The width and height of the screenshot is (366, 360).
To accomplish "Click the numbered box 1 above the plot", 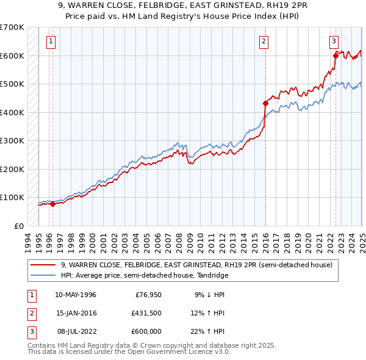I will tap(51, 41).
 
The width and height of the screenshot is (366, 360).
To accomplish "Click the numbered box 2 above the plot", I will tap(264, 41).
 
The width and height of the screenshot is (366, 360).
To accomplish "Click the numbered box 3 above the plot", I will tap(334, 41).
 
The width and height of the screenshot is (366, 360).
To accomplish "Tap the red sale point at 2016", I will tap(266, 103).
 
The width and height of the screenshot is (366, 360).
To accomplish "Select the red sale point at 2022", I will tap(335, 56).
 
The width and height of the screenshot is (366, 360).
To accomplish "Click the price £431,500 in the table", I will tap(146, 313).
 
